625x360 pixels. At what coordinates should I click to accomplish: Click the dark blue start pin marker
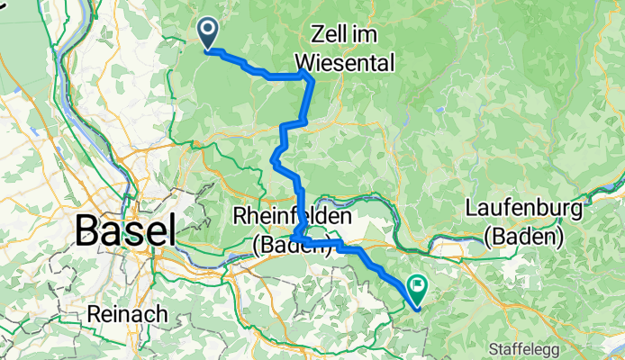click(x=207, y=33)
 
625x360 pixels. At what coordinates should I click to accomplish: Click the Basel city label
click(x=125, y=231)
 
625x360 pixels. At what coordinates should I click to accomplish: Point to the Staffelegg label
click(x=526, y=347)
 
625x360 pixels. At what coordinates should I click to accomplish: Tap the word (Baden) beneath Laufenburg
click(x=523, y=238)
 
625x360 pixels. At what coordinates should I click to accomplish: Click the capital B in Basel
click(x=88, y=231)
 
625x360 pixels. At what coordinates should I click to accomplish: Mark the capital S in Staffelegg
click(x=492, y=347)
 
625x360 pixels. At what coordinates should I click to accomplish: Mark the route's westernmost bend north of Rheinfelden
click(x=273, y=160)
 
